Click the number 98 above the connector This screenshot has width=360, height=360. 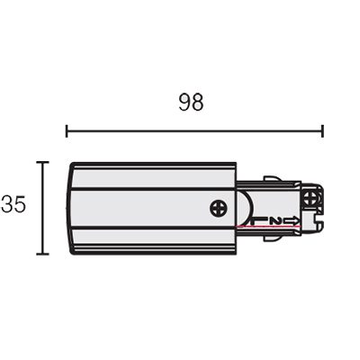point(191,102)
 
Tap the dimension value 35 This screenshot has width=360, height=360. point(13,204)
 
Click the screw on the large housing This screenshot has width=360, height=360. point(219,209)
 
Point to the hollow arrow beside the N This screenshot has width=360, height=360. point(292,221)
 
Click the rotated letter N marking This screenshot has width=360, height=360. point(275,221)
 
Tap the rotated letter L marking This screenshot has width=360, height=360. point(258,221)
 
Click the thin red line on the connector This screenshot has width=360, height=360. point(268,227)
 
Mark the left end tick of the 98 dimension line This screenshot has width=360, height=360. point(67,131)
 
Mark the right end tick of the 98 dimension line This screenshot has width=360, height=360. point(322,131)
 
